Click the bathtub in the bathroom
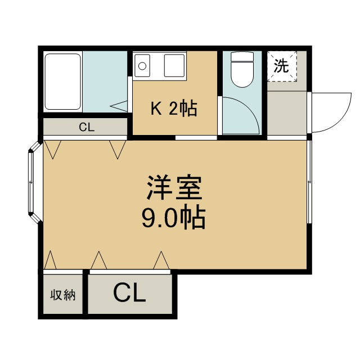point(63,82)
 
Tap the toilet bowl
point(243,75)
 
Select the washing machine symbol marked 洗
point(281,66)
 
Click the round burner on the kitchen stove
point(142,66)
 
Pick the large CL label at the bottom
point(129,292)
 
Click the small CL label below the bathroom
point(85,127)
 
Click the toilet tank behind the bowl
point(243,57)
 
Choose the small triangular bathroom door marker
point(119,104)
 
